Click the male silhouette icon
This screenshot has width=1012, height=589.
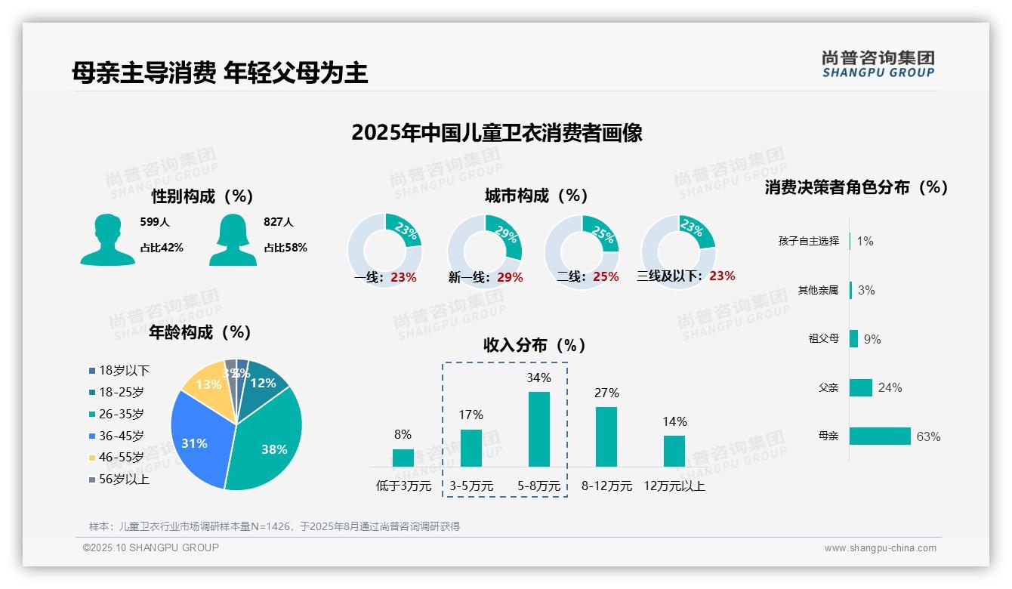coord(107,240)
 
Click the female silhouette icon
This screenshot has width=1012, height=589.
coord(233,240)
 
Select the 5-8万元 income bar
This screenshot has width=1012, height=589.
coord(538,429)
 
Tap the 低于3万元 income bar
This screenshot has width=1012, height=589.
coord(403,458)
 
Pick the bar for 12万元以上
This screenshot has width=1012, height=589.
coord(674,451)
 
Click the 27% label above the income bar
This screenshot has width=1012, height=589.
coord(606,393)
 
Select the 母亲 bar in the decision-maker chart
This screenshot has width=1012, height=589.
coord(880,436)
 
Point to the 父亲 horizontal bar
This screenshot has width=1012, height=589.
coord(861,387)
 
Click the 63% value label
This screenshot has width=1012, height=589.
coord(928,436)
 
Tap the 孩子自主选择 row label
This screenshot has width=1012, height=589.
coord(808,241)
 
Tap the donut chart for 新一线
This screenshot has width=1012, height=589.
coord(485,251)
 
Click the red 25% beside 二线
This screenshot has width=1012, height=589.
coord(606,277)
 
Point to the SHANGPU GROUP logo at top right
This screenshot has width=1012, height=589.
coord(878,64)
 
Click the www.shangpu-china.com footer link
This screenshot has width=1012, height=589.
coord(880,548)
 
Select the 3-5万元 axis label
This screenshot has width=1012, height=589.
coord(471,486)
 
